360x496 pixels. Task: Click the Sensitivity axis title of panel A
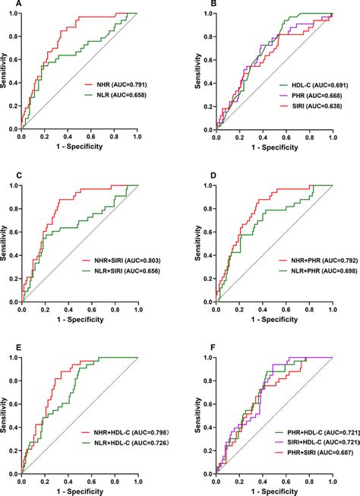5,71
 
